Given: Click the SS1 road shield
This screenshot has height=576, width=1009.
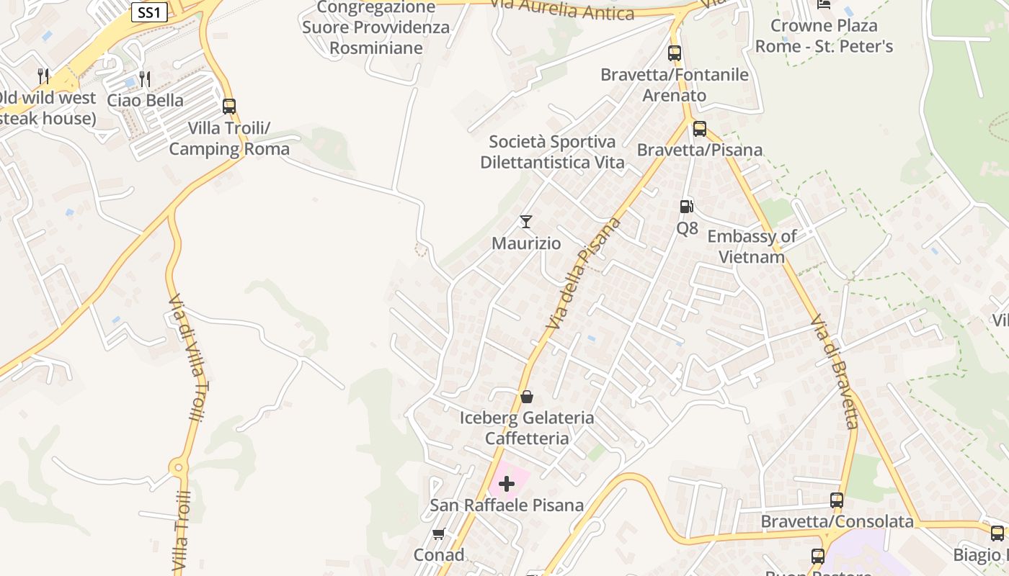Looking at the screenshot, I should point(150,12).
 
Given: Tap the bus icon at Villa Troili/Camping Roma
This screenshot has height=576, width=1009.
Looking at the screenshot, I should point(229,107).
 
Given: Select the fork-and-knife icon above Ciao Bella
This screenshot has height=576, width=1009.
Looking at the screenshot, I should point(145,78).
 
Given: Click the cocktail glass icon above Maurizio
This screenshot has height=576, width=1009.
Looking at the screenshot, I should point(526,222).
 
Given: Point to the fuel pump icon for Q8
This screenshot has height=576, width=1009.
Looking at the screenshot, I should point(687,207).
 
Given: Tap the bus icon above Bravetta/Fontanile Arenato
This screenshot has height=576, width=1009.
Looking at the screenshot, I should point(675,53).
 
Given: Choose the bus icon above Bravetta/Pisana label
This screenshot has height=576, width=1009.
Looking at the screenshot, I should point(699,129).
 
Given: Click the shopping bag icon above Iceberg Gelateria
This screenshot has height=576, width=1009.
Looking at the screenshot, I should point(527,397).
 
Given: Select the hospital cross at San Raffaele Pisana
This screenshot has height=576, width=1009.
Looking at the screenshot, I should point(507,484).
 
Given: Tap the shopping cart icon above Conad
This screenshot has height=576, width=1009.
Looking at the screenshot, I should point(438,534).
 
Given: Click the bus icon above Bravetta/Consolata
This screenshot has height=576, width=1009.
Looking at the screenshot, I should point(837,500).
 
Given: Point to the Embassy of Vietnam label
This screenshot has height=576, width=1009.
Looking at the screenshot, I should point(752,246).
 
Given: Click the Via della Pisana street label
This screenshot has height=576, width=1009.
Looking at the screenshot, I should point(583,274).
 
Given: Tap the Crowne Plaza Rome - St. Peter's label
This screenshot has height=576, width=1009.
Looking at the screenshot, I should point(824,36).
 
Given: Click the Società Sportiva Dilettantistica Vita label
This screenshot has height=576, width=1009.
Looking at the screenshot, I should point(552,152).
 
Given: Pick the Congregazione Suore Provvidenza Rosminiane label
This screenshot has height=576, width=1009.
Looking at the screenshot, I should point(375,27).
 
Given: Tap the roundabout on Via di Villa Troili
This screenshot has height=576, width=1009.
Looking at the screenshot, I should point(178,468).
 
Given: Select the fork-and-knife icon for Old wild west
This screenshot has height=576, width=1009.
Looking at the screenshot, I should point(43,76).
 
